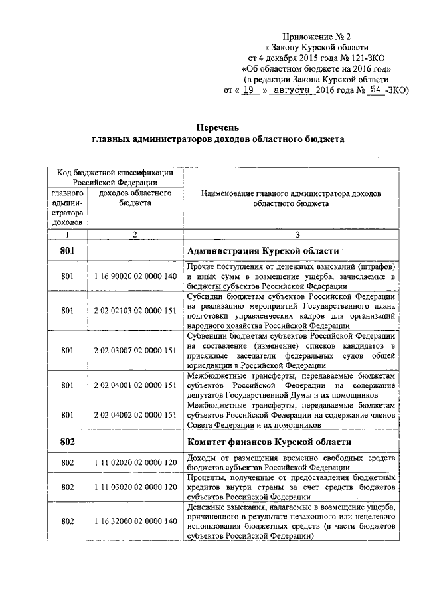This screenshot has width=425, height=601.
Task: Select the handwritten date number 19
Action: [249, 90]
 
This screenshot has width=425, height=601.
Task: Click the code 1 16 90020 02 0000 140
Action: [135, 275]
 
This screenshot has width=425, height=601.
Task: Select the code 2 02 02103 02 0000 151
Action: [135, 310]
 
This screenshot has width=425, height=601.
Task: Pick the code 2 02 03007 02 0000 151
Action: [135, 350]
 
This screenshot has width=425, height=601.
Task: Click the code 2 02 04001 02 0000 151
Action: [135, 385]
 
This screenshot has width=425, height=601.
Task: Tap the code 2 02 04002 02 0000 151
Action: [135, 415]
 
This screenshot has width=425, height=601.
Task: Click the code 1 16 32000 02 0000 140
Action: [135, 522]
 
